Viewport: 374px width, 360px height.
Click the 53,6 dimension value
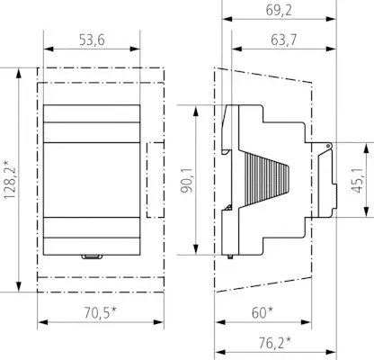point(92,40)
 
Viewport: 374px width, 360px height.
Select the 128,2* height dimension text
point(10,180)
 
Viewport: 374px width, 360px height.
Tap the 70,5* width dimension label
point(100,312)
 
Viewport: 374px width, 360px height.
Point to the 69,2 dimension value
point(279,11)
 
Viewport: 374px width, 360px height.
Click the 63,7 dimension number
point(284,40)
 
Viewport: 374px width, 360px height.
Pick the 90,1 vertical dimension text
point(187,180)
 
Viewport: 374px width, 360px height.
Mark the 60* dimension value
point(263,312)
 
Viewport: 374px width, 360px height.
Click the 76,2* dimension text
point(275,343)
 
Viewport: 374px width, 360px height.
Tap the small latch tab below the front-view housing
point(93,256)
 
